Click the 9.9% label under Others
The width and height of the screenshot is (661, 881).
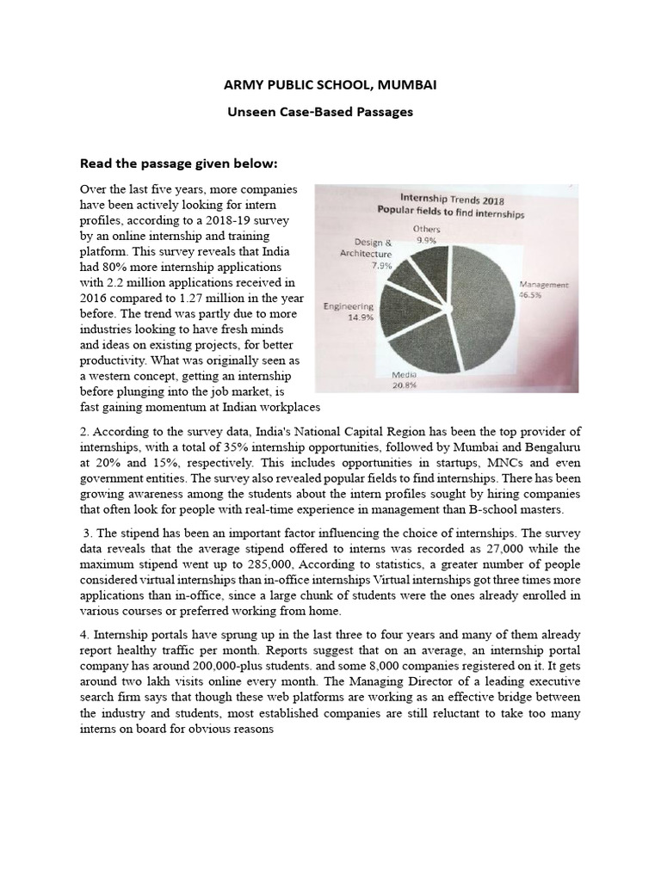click(427, 241)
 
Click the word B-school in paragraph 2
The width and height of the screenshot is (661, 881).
click(484, 508)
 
